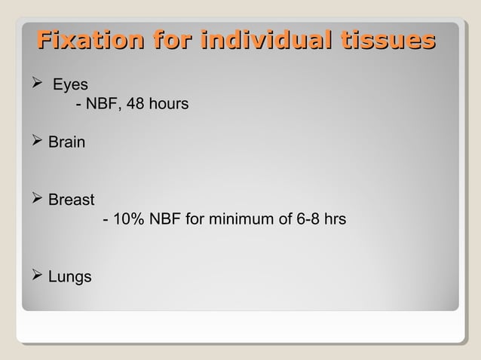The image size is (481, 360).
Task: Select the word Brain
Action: (x=66, y=142)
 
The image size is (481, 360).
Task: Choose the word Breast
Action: (x=71, y=200)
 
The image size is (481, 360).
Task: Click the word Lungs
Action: (x=69, y=277)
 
